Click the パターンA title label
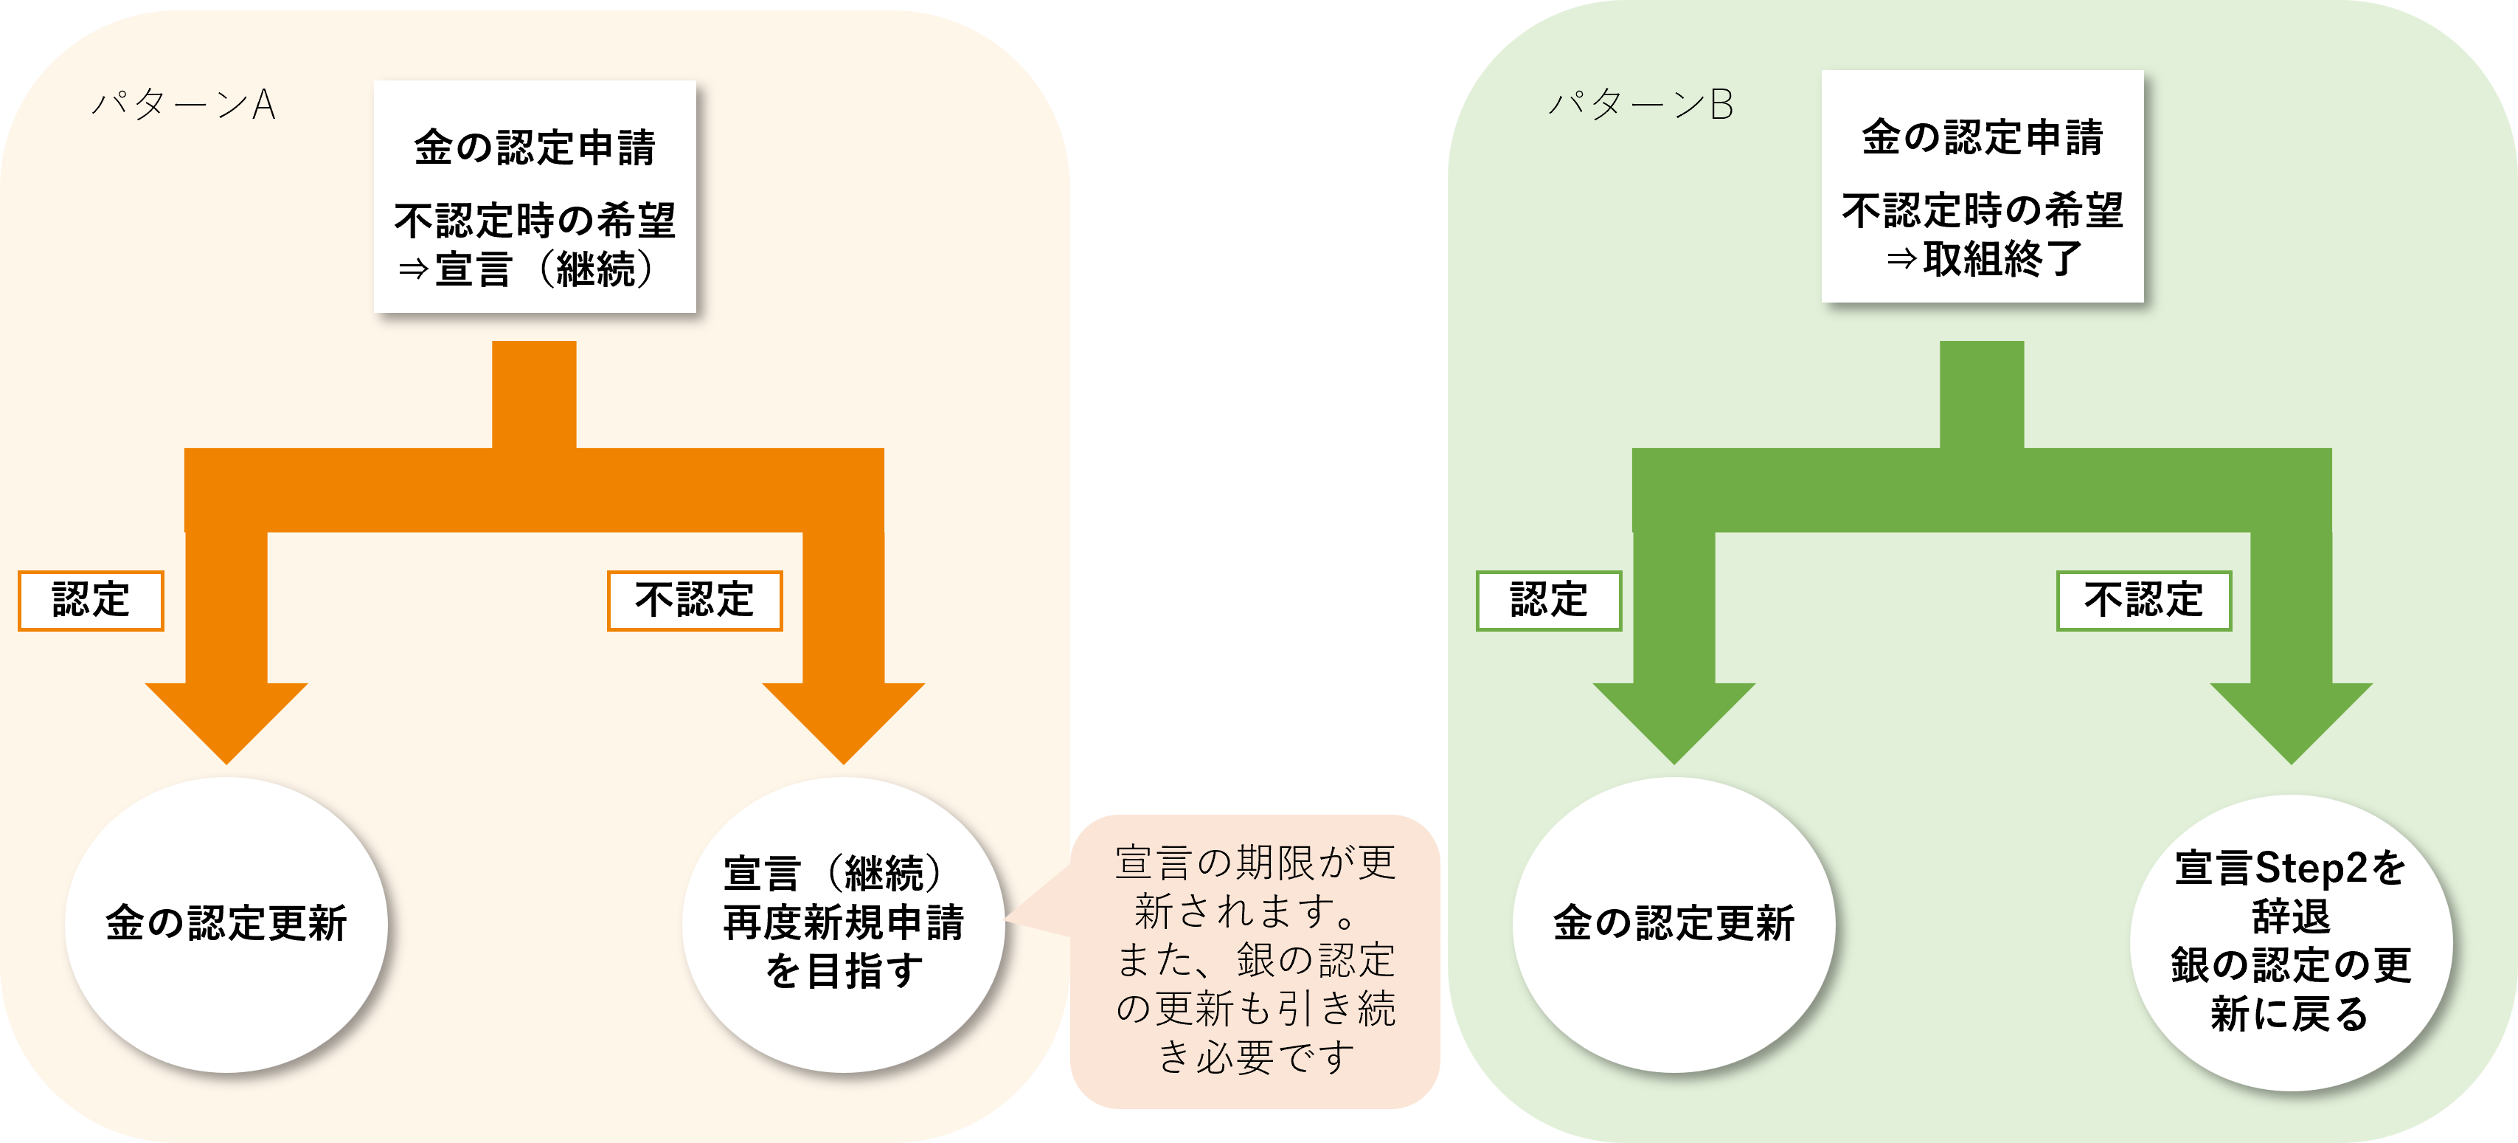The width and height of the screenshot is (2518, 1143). tap(184, 105)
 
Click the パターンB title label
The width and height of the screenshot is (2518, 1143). tap(1641, 105)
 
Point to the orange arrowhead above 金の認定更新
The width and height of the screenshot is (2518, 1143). tap(226, 719)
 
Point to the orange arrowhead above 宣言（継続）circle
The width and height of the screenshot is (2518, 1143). tap(844, 719)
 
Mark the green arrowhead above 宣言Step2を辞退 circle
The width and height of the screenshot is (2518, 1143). tap(2292, 719)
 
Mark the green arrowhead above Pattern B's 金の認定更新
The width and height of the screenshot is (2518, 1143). tap(1674, 719)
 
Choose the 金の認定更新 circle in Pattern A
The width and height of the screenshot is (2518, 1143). tap(226, 924)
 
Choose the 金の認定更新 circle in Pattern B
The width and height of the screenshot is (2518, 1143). tap(1674, 924)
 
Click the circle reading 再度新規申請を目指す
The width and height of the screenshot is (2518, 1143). tap(844, 924)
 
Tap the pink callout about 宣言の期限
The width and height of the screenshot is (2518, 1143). tap(1256, 960)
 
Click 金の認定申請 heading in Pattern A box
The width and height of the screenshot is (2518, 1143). tap(534, 148)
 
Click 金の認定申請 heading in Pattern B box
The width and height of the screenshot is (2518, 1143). tap(1983, 138)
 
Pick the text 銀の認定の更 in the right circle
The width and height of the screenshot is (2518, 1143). tap(2292, 966)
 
